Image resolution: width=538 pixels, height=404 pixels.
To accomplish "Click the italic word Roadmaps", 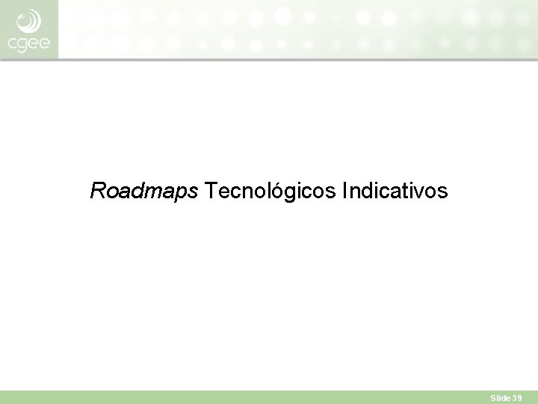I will [144, 192].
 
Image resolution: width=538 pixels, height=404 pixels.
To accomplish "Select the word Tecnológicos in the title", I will [270, 192].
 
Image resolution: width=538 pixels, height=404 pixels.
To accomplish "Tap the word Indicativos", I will [395, 192].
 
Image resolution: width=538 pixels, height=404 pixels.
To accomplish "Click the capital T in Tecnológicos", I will [210, 192].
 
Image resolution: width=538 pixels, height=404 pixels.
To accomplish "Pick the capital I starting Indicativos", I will [344, 192].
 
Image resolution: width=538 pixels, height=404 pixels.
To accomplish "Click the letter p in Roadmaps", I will [182, 195].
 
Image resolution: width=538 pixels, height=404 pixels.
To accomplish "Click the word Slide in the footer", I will [499, 399].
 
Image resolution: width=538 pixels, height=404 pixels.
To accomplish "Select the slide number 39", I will [517, 399].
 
